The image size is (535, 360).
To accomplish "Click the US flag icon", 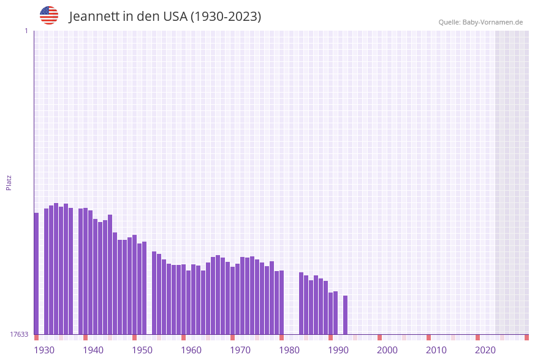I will tap(49, 15).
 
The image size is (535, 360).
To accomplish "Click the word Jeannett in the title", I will tap(94, 17).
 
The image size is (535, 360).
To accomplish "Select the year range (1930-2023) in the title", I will tap(226, 17).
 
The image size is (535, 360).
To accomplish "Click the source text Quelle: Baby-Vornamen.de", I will tap(480, 22).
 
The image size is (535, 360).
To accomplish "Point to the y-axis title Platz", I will tap(9, 182).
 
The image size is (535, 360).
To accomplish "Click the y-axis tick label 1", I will tap(26, 31).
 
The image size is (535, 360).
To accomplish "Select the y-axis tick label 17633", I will tap(19, 334).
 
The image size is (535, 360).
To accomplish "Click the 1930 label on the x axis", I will tap(44, 350).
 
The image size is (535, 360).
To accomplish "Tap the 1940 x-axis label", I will tap(93, 350).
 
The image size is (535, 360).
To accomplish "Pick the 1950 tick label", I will tap(142, 350).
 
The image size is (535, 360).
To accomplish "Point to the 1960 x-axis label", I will tap(191, 350).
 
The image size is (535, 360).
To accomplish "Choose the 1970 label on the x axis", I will tap(240, 350).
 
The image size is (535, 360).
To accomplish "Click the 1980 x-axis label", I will tap(289, 350).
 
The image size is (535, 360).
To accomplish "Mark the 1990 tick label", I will tap(338, 350).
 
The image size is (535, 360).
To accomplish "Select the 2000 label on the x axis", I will tap(387, 350).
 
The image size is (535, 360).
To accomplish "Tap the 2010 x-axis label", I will tap(436, 350).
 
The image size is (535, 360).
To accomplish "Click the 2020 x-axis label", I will tap(485, 350).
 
